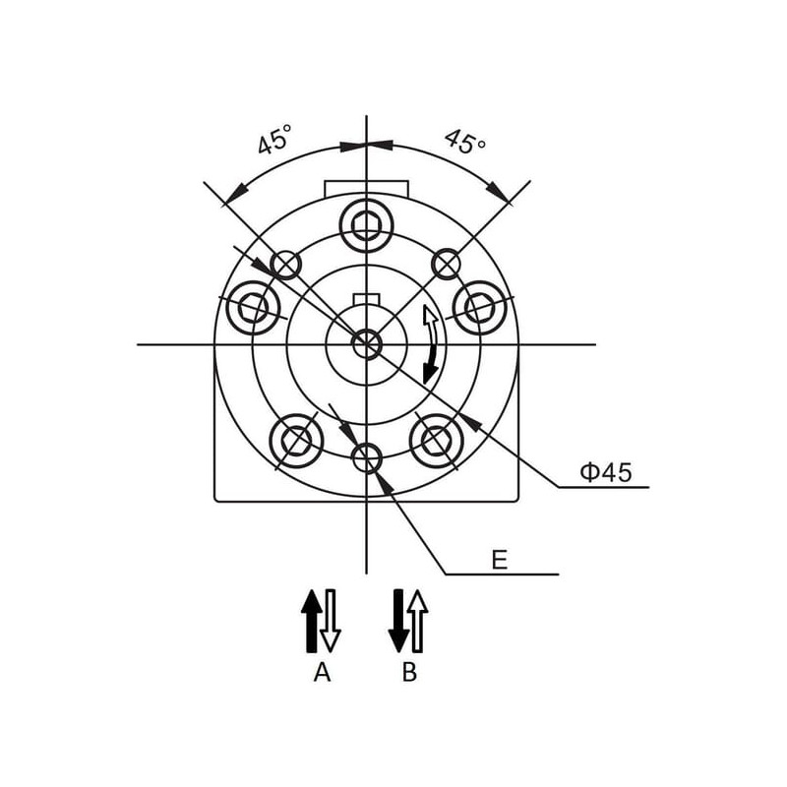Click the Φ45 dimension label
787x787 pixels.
tap(606, 472)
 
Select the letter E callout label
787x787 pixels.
tap(500, 560)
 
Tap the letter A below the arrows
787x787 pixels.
tap(323, 672)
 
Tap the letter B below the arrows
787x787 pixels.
tap(409, 672)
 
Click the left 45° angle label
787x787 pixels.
tap(274, 139)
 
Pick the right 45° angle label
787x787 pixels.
tap(465, 141)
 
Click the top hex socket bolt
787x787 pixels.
tap(366, 225)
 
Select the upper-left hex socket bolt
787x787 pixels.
tap(254, 308)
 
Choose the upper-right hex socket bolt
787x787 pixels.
tap(479, 308)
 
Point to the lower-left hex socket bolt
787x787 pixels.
tap(296, 441)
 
